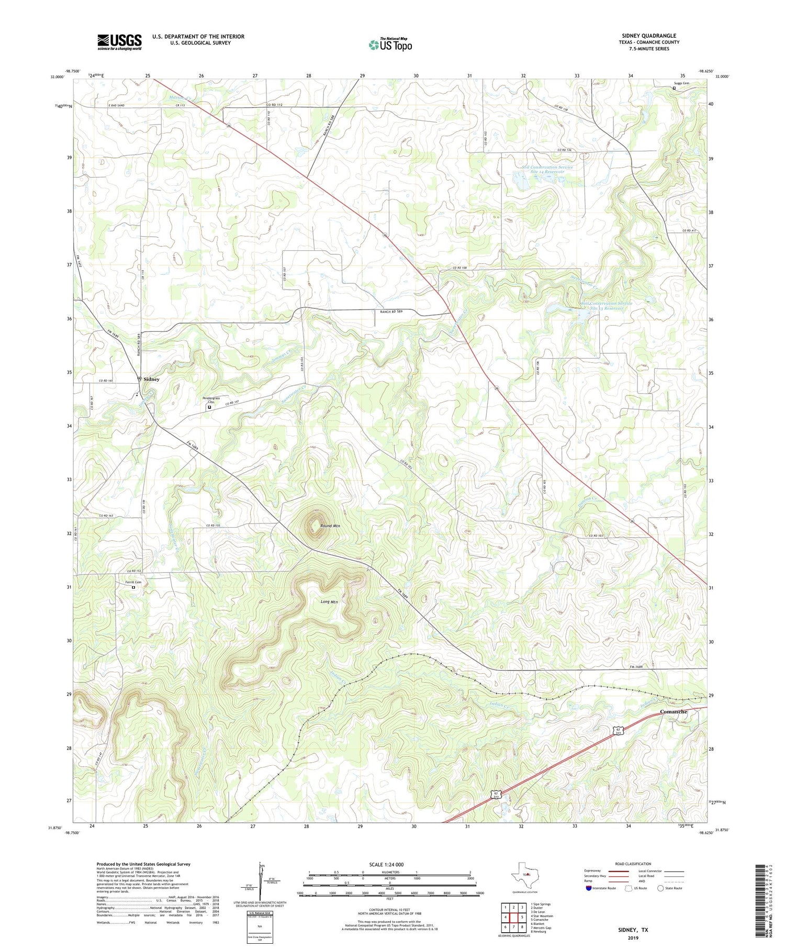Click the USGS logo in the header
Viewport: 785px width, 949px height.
[x=119, y=42]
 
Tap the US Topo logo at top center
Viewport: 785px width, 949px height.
[x=390, y=44]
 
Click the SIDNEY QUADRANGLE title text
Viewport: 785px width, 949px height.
[x=649, y=36]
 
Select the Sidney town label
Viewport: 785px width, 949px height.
[x=151, y=379]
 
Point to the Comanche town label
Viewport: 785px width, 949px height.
[x=673, y=711]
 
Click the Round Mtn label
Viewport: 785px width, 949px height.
[x=330, y=526]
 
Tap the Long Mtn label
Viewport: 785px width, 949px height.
[x=329, y=602]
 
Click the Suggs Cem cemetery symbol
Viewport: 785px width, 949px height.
[x=674, y=88]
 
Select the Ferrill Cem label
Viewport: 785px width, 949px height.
[x=133, y=582]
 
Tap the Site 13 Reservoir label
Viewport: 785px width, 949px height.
[x=606, y=308]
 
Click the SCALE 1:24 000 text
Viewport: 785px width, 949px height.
[x=389, y=865]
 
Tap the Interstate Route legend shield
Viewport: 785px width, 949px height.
[x=589, y=888]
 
